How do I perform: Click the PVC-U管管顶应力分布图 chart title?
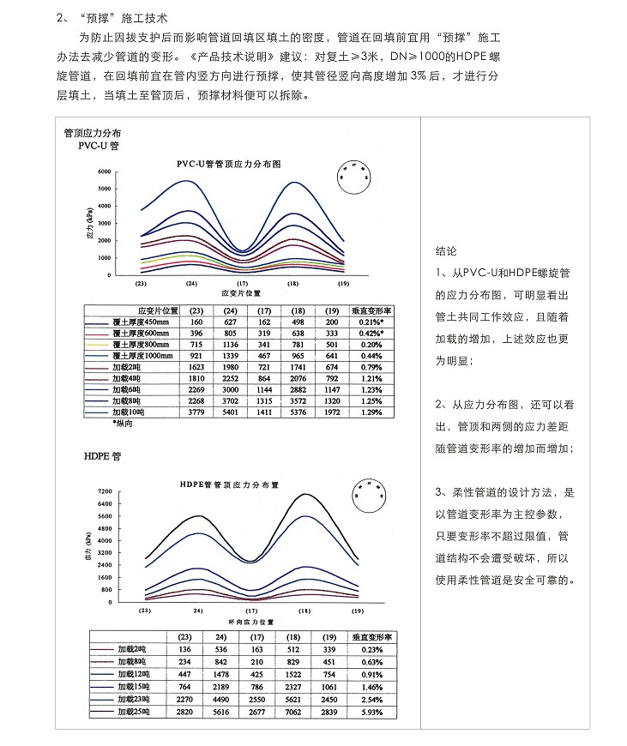pyautogui.click(x=229, y=162)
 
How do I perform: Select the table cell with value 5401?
pyautogui.click(x=230, y=412)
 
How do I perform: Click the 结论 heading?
pyautogui.click(x=447, y=252)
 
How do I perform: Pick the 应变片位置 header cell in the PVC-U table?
pyautogui.click(x=158, y=310)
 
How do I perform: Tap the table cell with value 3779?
pyautogui.click(x=196, y=412)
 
